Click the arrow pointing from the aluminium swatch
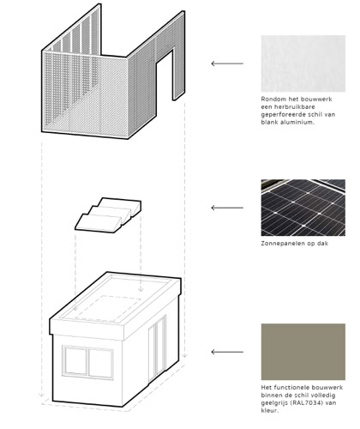(x=227, y=63)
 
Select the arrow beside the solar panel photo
(x=227, y=208)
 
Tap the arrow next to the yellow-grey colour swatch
(x=227, y=352)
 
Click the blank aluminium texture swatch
(x=303, y=63)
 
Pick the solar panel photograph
(x=303, y=208)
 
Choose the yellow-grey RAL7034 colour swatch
(x=303, y=352)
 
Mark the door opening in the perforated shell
(x=165, y=76)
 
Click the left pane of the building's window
(x=75, y=360)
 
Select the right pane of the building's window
(x=100, y=364)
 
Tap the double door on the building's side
(x=157, y=348)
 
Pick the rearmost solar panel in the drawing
(x=122, y=204)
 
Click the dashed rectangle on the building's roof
(x=108, y=308)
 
